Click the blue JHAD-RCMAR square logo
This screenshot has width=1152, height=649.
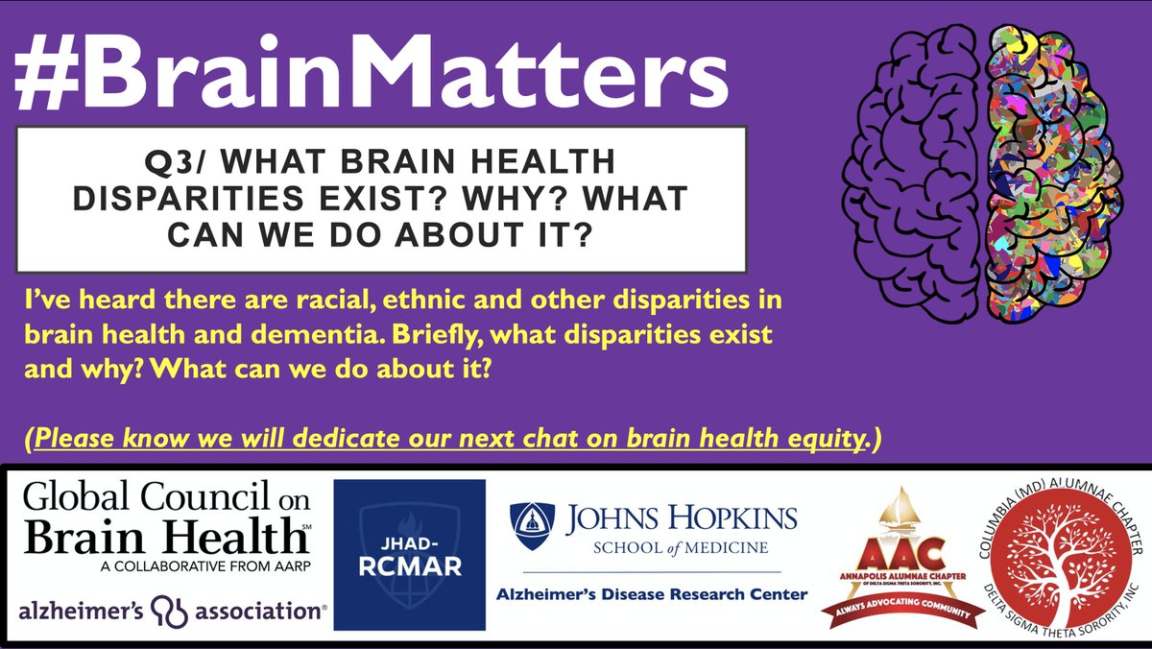(x=409, y=555)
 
